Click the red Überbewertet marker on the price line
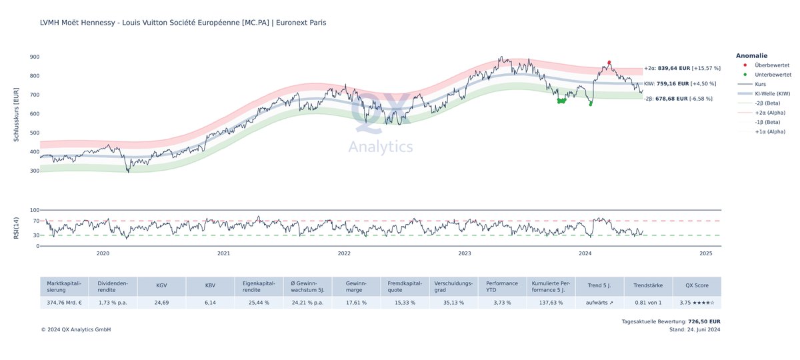609,63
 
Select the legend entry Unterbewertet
771,75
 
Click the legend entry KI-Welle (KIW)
772,94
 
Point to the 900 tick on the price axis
35,57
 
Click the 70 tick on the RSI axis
35,221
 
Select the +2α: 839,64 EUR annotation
682,68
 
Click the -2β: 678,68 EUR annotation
677,99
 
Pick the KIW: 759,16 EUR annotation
679,84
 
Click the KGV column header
161,287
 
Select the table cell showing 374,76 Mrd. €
64,303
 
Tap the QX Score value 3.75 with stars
697,303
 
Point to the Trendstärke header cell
648,287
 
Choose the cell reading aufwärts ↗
599,303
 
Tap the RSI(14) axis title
17,228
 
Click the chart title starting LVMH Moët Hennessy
183,23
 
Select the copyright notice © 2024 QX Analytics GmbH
75,329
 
